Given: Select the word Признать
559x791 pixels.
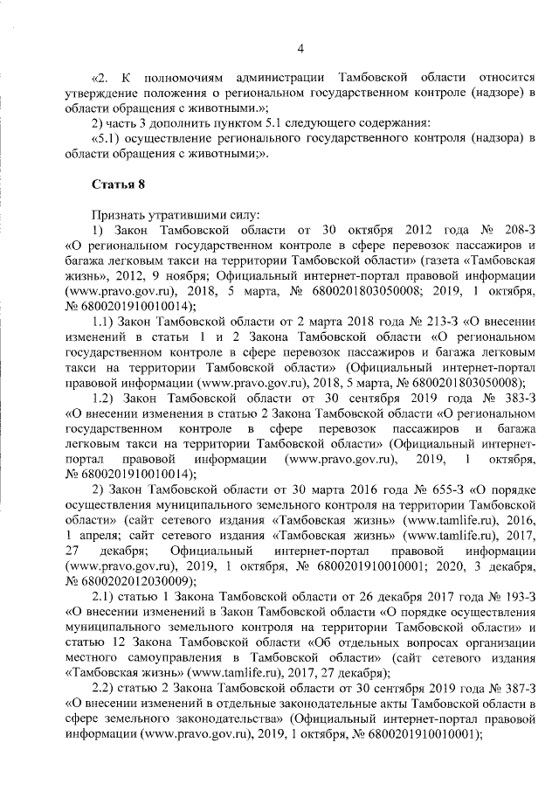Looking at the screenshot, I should tap(119, 214).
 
